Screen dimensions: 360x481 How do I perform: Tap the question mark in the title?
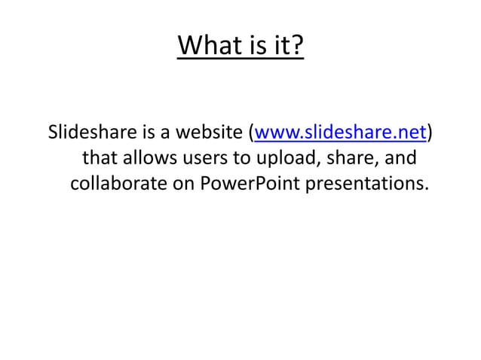(298, 47)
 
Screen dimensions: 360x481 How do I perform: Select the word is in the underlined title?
(255, 47)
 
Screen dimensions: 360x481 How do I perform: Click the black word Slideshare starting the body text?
(91, 134)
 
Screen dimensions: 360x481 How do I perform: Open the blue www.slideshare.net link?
(341, 134)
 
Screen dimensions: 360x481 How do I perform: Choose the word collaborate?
(118, 184)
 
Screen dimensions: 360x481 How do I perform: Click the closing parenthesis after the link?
(430, 134)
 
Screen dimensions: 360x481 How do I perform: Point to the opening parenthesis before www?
(251, 134)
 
